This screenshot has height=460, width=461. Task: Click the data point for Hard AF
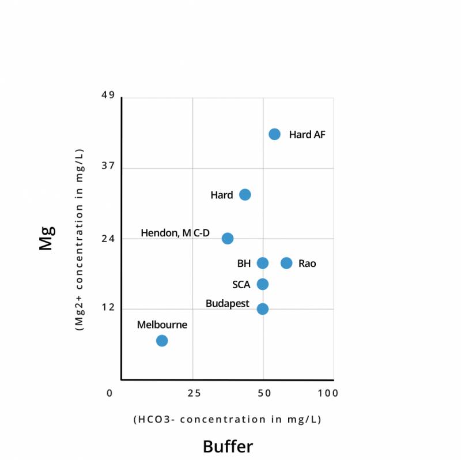(274, 134)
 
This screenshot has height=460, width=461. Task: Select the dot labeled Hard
(245, 195)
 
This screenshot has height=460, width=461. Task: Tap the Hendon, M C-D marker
(228, 238)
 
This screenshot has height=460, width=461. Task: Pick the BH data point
(262, 263)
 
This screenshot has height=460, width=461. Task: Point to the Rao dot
(286, 263)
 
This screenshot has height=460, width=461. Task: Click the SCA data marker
(262, 284)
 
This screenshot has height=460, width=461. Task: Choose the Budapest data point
(262, 308)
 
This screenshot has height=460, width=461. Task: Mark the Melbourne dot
(162, 341)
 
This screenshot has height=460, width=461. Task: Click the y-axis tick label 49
(109, 95)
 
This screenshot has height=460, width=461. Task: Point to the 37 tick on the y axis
(109, 166)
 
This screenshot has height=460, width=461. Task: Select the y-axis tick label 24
(109, 238)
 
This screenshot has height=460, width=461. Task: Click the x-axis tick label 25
(194, 394)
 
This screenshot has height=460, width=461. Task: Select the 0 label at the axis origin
(110, 394)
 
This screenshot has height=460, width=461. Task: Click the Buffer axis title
(228, 447)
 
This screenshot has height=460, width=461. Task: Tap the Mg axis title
(46, 237)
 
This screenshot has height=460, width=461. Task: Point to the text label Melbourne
(162, 325)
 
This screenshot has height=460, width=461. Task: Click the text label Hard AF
(308, 134)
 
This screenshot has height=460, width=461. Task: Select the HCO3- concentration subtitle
(227, 419)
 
